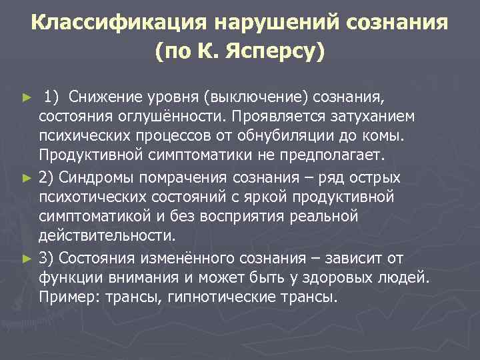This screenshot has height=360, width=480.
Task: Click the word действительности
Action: pos(106,237)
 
